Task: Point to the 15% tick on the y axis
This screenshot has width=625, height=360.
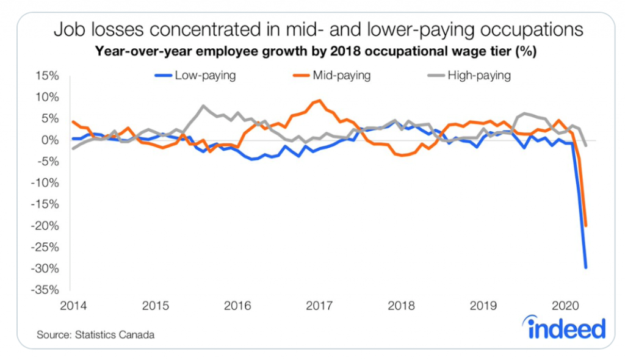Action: (48, 76)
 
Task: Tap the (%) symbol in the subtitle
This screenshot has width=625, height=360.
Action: (526, 52)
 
